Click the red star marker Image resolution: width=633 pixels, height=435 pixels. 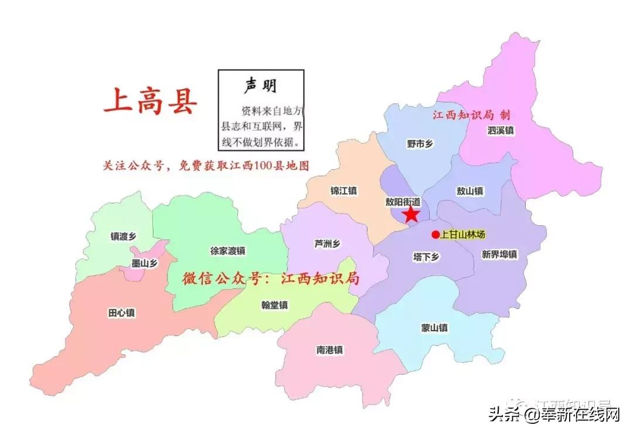(x=411, y=214)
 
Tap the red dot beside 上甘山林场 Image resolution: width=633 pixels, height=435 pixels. (x=435, y=235)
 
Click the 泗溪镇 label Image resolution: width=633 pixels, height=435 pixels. (x=500, y=131)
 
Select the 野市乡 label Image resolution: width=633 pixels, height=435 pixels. (x=419, y=144)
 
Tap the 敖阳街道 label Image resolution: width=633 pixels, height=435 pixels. (x=403, y=201)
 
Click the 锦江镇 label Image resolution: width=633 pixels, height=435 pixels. (x=343, y=191)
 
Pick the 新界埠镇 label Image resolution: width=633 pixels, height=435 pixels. (x=499, y=254)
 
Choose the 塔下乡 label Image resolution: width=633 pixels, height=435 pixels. (x=426, y=257)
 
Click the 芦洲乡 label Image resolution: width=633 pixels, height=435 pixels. (x=327, y=244)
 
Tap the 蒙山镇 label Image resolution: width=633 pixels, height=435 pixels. (x=434, y=328)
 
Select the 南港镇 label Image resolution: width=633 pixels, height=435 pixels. (x=329, y=350)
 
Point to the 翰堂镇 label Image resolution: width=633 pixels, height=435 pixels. (x=274, y=305)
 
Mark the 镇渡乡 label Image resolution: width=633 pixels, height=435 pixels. (x=123, y=236)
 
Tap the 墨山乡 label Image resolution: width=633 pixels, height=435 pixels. (x=144, y=264)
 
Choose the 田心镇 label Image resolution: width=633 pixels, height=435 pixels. (x=121, y=313)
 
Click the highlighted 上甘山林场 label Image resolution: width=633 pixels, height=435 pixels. (x=463, y=235)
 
